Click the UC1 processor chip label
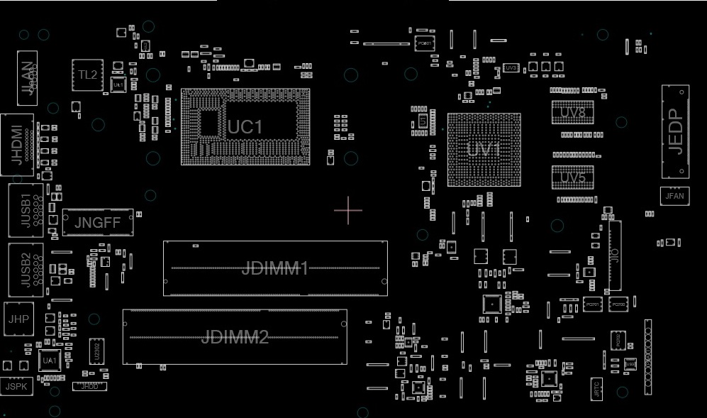coord(245,127)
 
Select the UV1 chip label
coord(484,150)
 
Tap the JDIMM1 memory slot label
coord(275,268)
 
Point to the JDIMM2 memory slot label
coord(235,337)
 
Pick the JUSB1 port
coord(26,209)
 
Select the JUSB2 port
coord(26,270)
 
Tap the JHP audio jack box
coord(18,319)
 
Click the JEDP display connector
coord(675,132)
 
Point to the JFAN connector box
coord(674,195)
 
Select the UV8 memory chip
coord(572,112)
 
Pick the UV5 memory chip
coord(572,177)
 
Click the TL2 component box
coord(87,75)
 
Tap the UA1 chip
coord(49,361)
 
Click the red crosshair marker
coord(348,210)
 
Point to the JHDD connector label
coord(90,386)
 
